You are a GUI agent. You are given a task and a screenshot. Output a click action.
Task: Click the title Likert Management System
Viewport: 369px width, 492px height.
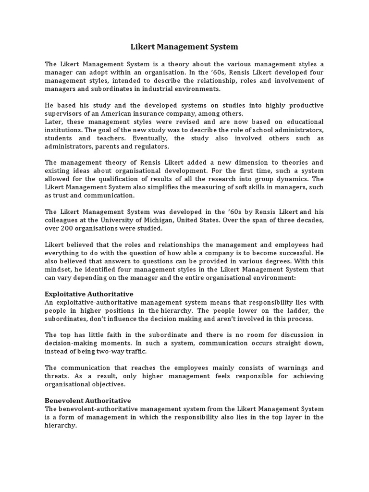(184, 47)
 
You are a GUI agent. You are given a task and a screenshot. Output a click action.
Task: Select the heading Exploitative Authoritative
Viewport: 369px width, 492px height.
(89, 294)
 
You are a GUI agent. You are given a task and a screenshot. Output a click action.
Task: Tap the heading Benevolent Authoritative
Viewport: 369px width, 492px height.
(87, 400)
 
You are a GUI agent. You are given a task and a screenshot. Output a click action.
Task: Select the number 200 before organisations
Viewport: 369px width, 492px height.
(68, 229)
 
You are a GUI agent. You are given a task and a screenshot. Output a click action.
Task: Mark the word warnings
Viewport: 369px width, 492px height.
(292, 368)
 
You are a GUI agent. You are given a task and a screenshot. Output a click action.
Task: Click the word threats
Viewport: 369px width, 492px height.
(58, 376)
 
